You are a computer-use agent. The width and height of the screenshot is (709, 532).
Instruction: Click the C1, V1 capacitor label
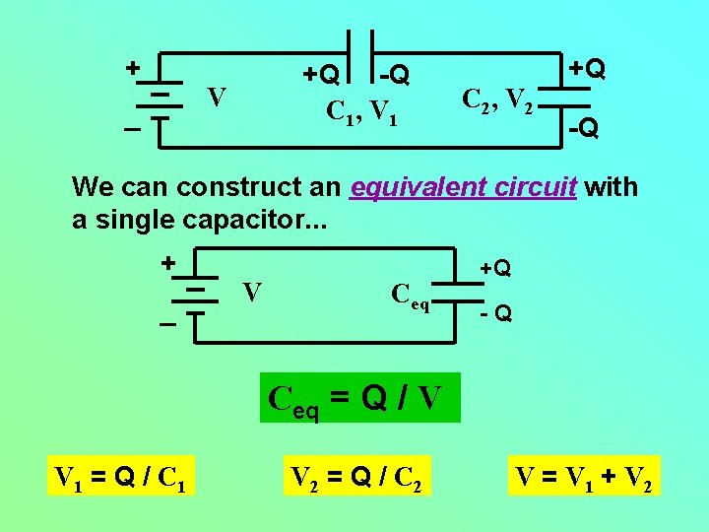click(361, 113)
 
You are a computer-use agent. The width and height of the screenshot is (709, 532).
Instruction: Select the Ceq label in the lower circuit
click(411, 295)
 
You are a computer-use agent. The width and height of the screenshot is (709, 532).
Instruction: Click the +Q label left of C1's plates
click(321, 75)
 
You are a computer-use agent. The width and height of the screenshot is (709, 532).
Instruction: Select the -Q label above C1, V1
click(395, 75)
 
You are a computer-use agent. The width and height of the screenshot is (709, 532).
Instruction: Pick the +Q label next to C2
click(585, 69)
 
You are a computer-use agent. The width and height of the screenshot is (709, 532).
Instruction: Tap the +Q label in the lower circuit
click(495, 268)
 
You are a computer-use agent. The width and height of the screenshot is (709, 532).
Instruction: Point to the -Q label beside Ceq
click(495, 315)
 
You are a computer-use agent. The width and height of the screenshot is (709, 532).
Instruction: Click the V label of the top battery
click(217, 98)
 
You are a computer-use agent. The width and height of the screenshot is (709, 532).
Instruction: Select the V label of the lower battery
click(252, 292)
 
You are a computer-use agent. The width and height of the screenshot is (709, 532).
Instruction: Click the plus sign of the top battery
click(131, 68)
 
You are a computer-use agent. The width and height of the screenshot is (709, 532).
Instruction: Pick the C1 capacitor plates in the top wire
click(359, 49)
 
